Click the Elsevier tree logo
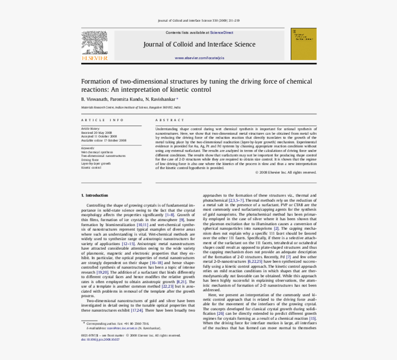[95, 44]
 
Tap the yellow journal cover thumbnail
[303, 44]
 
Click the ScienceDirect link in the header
[222, 33]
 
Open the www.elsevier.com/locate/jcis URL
[199, 58]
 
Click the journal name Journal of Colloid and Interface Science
[199, 45]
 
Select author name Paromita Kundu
[126, 99]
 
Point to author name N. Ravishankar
[160, 99]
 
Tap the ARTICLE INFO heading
[102, 120]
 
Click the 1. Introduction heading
[95, 195]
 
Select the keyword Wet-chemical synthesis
[97, 152]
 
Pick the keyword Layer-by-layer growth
[96, 163]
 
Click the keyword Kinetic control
[91, 168]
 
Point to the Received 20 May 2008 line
[96, 132]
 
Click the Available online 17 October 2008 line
[103, 140]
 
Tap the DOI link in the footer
[100, 339]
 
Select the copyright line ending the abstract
[286, 172]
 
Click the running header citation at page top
[198, 20]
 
